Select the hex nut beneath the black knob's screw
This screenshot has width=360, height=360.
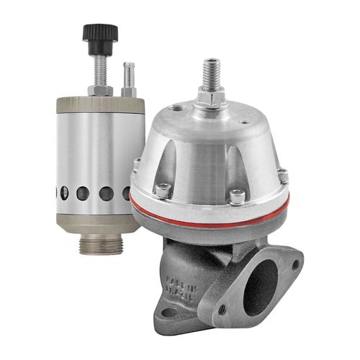pos(100,89)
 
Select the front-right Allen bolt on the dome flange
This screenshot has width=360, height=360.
pos(235,195)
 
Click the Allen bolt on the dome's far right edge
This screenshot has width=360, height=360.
pos(283,175)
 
